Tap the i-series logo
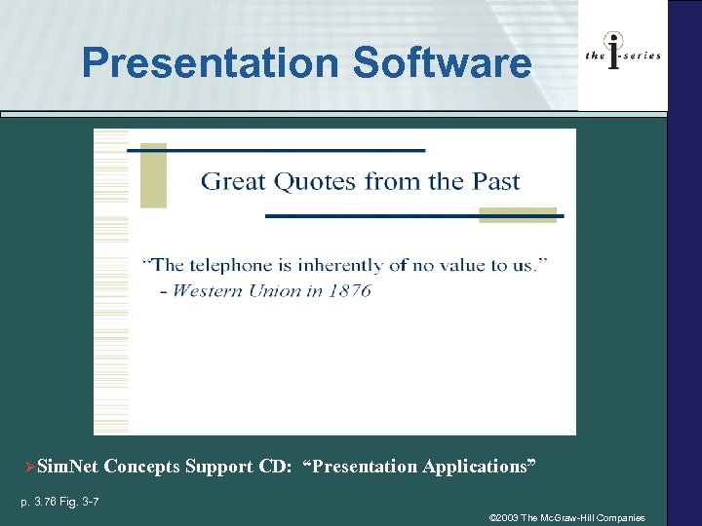[623, 54]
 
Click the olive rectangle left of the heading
[153, 175]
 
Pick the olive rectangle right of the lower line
[518, 215]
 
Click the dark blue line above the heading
[283, 151]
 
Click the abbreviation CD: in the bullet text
[276, 467]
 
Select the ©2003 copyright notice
[566, 518]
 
